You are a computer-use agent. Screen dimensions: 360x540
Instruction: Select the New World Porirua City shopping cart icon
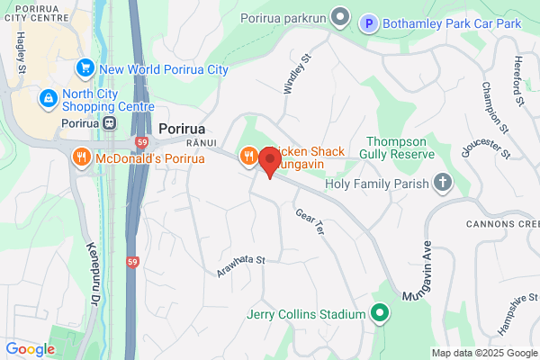(x=86, y=67)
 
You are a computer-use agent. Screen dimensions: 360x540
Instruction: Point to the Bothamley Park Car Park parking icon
(x=369, y=22)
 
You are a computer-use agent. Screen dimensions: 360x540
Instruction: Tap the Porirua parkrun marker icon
(x=340, y=17)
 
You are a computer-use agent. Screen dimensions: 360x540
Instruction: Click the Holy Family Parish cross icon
(x=442, y=184)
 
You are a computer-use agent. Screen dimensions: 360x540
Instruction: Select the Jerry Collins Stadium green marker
(x=380, y=314)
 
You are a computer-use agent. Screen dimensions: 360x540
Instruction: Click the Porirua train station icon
(x=109, y=123)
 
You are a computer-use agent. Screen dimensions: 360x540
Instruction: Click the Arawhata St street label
(x=242, y=265)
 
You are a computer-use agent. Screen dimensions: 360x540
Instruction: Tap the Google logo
(x=30, y=348)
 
